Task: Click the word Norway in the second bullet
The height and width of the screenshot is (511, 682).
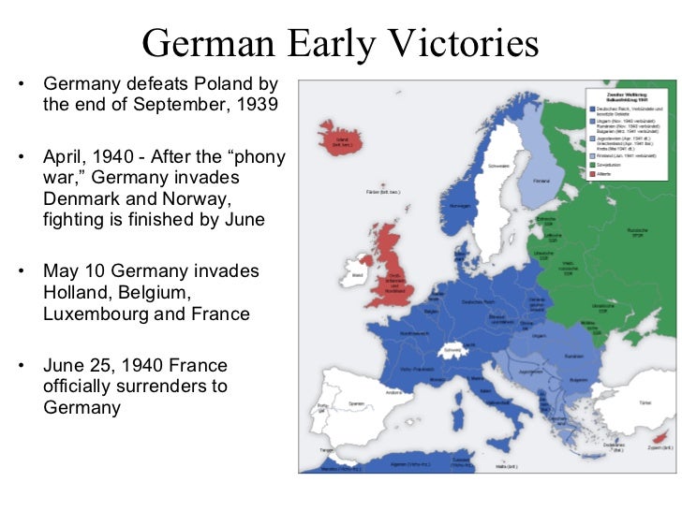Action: tap(206, 199)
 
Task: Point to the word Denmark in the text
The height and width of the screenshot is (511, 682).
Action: tap(82, 199)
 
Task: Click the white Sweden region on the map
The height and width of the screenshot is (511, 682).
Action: tap(494, 178)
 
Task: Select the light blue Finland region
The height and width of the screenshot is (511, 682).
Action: tap(540, 178)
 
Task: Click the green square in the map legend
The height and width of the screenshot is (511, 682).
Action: tap(591, 165)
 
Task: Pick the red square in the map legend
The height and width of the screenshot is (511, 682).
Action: tap(591, 174)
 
